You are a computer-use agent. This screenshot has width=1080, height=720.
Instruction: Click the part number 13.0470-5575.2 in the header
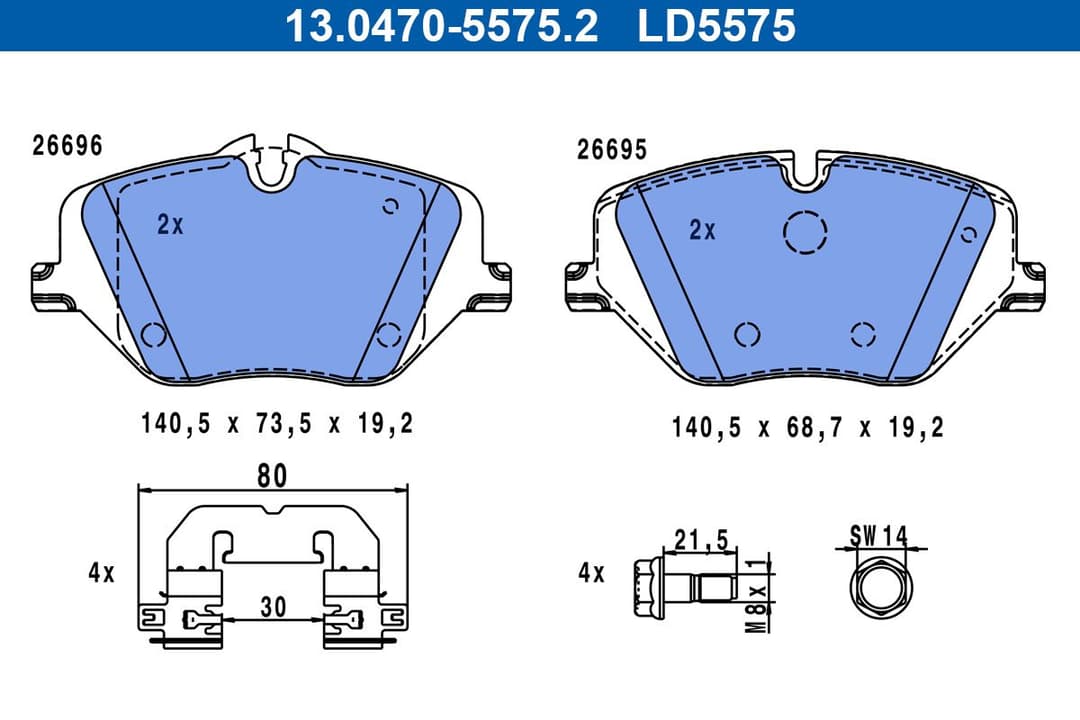(441, 25)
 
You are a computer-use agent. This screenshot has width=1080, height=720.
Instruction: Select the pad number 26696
(67, 146)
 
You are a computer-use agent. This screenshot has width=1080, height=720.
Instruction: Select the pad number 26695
(612, 150)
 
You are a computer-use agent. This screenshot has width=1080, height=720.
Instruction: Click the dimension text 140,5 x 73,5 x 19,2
(277, 425)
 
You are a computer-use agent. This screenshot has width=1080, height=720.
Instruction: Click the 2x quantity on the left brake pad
(170, 225)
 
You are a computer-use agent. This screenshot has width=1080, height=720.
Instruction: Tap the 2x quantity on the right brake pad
(703, 230)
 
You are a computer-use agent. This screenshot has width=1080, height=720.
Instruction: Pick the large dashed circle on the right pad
(805, 233)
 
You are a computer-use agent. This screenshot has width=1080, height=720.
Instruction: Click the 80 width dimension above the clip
(272, 476)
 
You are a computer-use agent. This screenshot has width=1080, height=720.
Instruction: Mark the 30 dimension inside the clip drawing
(272, 606)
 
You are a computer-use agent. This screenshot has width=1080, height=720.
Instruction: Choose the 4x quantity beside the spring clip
(101, 574)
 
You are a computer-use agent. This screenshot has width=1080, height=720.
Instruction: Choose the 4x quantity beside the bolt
(592, 574)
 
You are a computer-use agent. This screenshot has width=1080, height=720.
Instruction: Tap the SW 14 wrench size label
(878, 536)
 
